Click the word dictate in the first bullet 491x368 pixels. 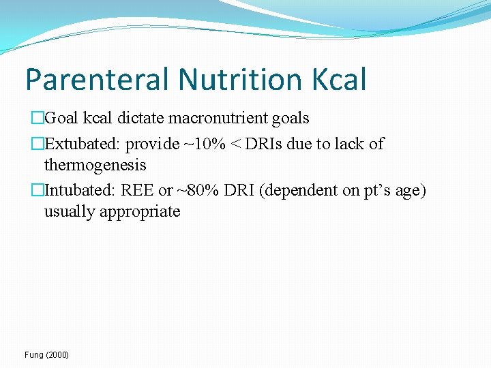pyautogui.click(x=140, y=118)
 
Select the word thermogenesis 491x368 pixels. pyautogui.click(x=95, y=164)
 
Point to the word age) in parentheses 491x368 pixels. pyautogui.click(x=409, y=190)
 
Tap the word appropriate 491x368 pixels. pyautogui.click(x=140, y=211)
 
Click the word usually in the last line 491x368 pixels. pyautogui.click(x=70, y=211)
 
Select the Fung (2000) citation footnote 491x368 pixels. pyautogui.click(x=46, y=355)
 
